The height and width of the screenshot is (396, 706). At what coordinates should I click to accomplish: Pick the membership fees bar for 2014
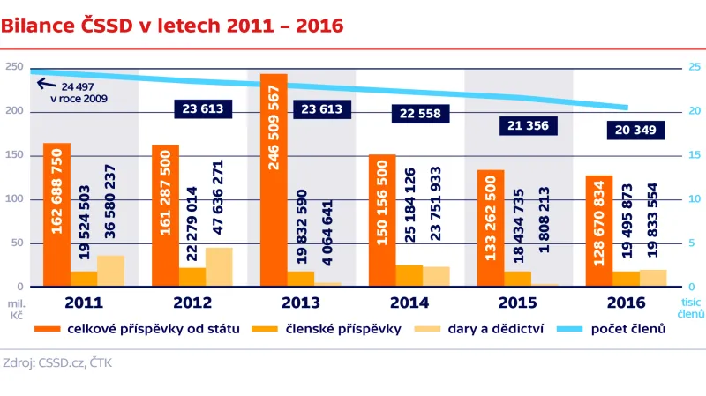click(x=409, y=276)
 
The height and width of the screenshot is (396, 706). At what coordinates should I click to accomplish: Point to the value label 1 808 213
click(x=545, y=221)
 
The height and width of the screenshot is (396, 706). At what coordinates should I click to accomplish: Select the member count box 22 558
click(x=421, y=113)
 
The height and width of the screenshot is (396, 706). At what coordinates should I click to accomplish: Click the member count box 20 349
click(x=635, y=131)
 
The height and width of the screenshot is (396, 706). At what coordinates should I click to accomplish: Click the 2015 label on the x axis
click(x=518, y=303)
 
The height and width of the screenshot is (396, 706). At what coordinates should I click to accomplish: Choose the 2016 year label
click(x=627, y=303)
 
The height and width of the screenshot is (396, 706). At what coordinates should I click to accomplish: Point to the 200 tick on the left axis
click(x=13, y=111)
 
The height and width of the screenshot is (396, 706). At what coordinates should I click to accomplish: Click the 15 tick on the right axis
click(x=695, y=155)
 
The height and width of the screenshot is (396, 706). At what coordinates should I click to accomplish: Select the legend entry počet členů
click(x=627, y=329)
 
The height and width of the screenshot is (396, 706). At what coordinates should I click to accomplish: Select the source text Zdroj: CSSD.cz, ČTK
click(x=56, y=362)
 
